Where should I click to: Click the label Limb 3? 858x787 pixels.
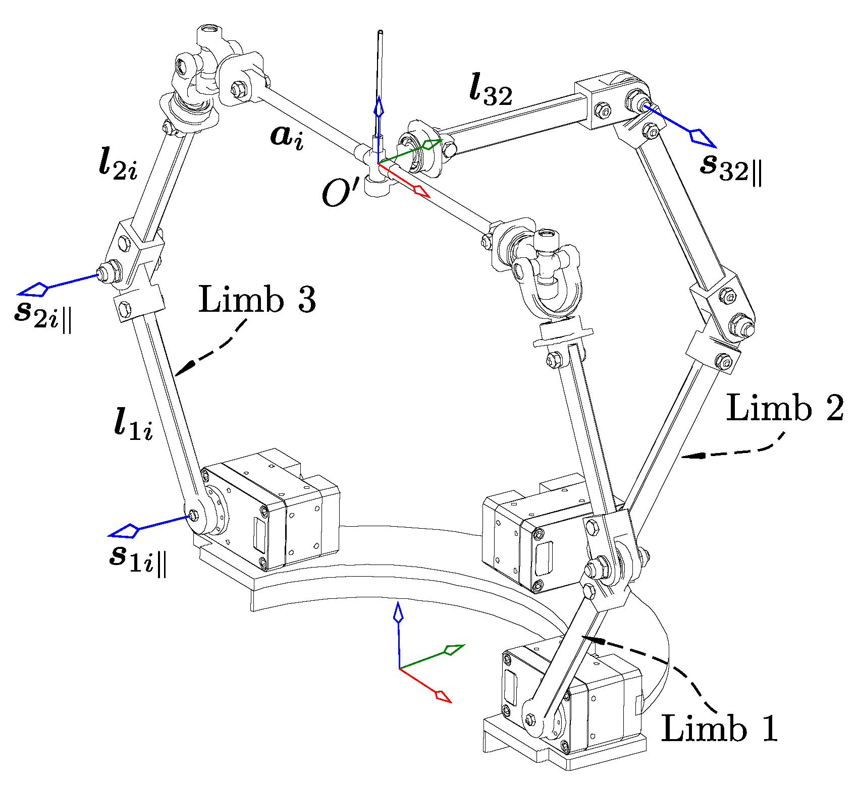pos(257,300)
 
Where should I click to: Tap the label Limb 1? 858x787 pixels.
pos(719,728)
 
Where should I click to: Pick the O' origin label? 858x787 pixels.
pos(341,194)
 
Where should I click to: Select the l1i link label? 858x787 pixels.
pos(133,425)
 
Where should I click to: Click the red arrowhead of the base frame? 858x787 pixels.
pos(443,696)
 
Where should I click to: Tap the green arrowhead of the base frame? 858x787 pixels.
pos(454,649)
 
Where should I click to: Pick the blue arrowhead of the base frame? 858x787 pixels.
pos(399,612)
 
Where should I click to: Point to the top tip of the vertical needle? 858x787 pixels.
pos(380,33)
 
